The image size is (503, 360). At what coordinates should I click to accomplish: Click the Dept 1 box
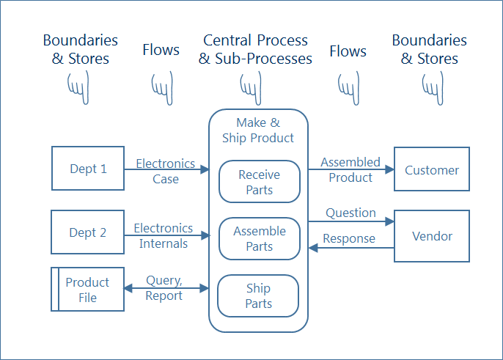pyautogui.click(x=88, y=169)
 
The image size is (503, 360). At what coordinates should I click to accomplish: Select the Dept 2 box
pyautogui.click(x=88, y=232)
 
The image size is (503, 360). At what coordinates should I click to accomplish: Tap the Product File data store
pyautogui.click(x=87, y=290)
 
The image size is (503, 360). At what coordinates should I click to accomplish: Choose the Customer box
pyautogui.click(x=432, y=169)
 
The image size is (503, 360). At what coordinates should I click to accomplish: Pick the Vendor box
pyautogui.click(x=432, y=236)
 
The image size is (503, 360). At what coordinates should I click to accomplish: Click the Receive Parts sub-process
pyautogui.click(x=260, y=182)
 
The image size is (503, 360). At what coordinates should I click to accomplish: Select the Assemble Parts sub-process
pyautogui.click(x=260, y=238)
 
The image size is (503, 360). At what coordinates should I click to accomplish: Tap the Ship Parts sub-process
pyautogui.click(x=259, y=295)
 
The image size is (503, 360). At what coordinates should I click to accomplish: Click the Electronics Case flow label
pyautogui.click(x=166, y=171)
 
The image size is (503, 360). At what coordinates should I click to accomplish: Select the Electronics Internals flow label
pyautogui.click(x=164, y=235)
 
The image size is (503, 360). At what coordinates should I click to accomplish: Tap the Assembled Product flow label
pyautogui.click(x=350, y=169)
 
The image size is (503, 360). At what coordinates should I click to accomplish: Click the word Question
pyautogui.click(x=350, y=213)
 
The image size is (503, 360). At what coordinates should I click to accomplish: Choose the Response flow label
pyautogui.click(x=349, y=238)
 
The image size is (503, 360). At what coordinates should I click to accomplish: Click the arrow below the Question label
pyautogui.click(x=350, y=221)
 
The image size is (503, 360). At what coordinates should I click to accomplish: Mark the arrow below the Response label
pyautogui.click(x=350, y=248)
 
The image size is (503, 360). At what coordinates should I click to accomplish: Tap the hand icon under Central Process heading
pyautogui.click(x=254, y=87)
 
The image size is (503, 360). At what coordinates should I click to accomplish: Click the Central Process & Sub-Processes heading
pyautogui.click(x=255, y=49)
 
